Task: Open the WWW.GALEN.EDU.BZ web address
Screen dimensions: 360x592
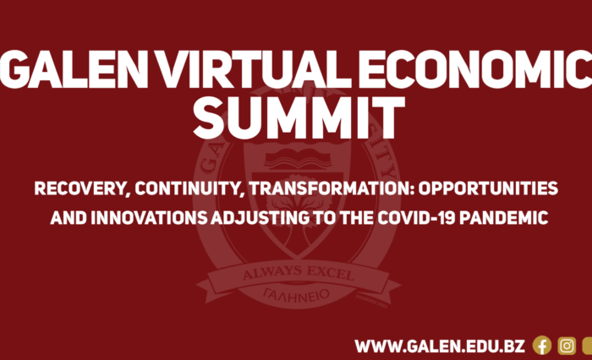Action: point(440,346)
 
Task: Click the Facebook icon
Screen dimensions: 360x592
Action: point(542,346)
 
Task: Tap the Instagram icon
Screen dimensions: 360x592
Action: point(567,346)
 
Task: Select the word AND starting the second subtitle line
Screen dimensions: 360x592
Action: point(66,218)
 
